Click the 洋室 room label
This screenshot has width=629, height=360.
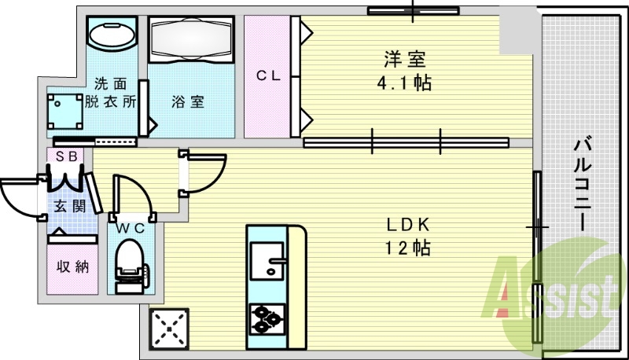pyautogui.click(x=406, y=58)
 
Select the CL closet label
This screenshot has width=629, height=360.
pyautogui.click(x=267, y=76)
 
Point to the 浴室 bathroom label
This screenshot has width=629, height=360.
pyautogui.click(x=189, y=101)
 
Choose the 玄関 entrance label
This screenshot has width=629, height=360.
pyautogui.click(x=68, y=206)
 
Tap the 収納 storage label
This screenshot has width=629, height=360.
pyautogui.click(x=72, y=266)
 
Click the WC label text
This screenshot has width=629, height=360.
pyautogui.click(x=131, y=229)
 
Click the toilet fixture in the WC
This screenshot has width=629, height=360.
pyautogui.click(x=130, y=264)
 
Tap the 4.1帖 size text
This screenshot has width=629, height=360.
pyautogui.click(x=406, y=82)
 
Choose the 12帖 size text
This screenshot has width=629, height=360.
pyautogui.click(x=406, y=248)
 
